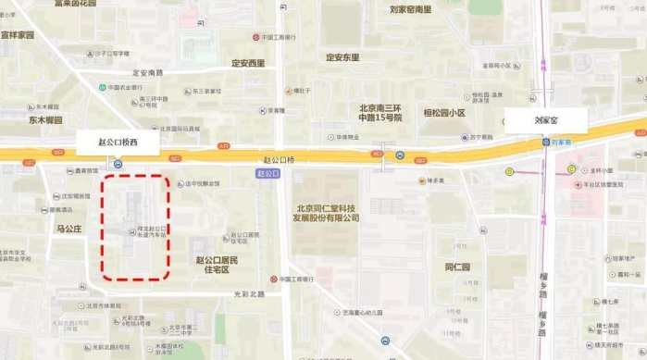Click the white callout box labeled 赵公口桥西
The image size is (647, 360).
(x=118, y=143)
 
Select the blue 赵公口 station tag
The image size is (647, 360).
(x=267, y=173)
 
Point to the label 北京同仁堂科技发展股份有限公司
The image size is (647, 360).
(x=327, y=213)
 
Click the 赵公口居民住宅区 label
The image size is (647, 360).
(x=211, y=265)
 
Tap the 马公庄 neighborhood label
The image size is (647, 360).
(x=69, y=227)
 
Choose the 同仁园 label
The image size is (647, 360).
(x=457, y=267)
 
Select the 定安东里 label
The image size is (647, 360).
(x=342, y=56)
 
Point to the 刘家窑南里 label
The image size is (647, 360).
(x=410, y=9)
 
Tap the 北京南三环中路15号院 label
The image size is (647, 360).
(x=380, y=113)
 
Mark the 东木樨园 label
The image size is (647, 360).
(x=44, y=120)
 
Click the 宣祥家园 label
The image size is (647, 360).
(x=17, y=35)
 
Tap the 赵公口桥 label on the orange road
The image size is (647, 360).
(x=278, y=159)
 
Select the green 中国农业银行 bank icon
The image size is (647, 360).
(x=102, y=88)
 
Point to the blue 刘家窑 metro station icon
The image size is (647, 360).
(x=546, y=142)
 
